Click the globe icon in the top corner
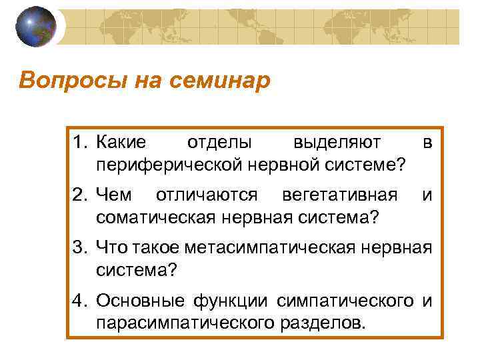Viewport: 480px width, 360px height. pos(35,27)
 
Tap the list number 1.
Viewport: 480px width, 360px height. pos(80,141)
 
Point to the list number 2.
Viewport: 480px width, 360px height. pos(80,195)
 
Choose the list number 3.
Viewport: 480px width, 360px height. pos(80,248)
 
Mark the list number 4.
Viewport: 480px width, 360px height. pos(80,301)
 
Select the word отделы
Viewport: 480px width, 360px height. pos(219,141)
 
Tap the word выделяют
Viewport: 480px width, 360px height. pos(337,141)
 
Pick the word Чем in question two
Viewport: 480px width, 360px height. pos(114,195)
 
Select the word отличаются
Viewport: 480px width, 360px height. pos(206,195)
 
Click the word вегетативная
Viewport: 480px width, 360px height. pos(339,195)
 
